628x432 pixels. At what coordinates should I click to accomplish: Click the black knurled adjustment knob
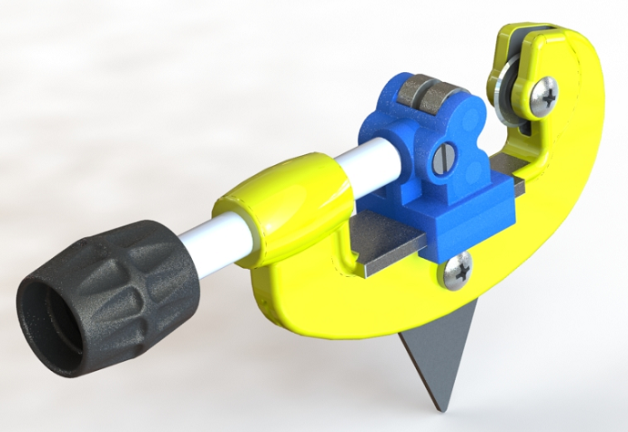tap(137, 273)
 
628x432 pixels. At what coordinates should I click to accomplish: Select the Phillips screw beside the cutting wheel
tap(543, 95)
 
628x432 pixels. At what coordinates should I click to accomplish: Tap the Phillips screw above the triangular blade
tap(458, 270)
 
